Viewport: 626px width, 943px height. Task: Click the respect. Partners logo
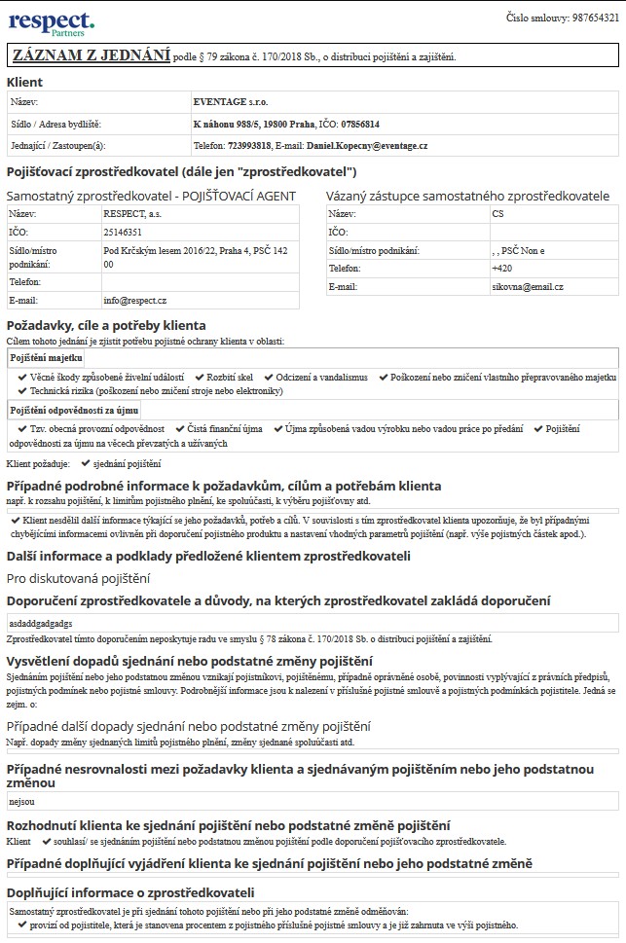[52, 22]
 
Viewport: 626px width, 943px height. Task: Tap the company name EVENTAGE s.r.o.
[231, 101]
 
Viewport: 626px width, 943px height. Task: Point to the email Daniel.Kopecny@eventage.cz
[366, 145]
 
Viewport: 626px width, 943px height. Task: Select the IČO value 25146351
[123, 233]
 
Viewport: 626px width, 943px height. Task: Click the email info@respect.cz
[135, 301]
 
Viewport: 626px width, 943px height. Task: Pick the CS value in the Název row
[497, 213]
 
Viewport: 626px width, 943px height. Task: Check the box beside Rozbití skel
[199, 377]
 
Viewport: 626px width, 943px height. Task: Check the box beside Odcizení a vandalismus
[269, 377]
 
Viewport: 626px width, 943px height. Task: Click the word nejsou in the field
[20, 802]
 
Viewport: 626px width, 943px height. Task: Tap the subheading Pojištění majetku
[46, 358]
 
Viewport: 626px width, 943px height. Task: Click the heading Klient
[25, 82]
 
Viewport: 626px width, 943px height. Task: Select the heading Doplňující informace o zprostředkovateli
[130, 892]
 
